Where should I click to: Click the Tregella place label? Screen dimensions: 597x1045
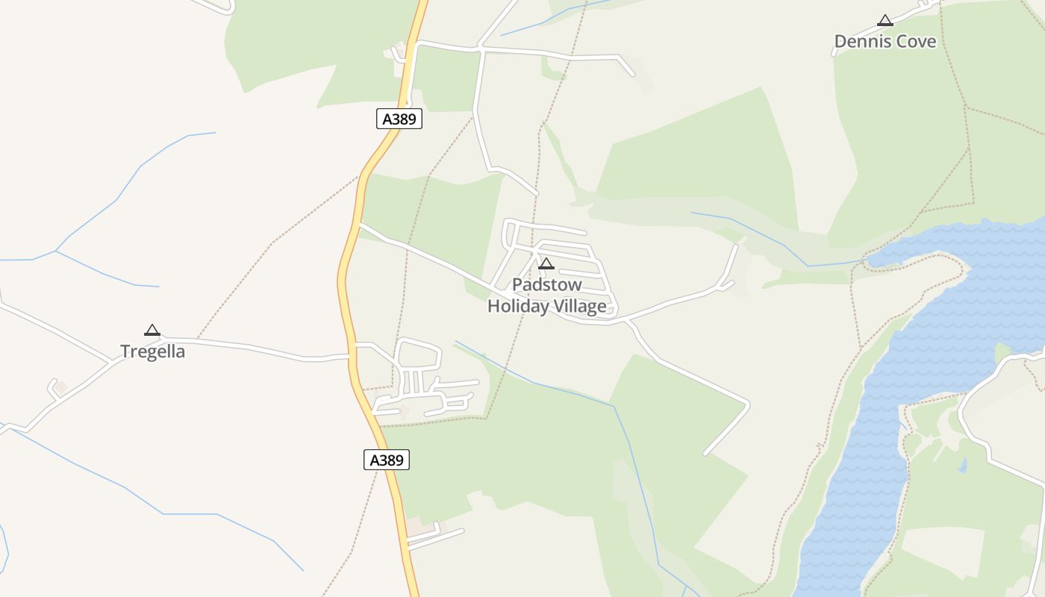click(152, 351)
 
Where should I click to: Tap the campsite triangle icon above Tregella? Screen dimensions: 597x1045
click(152, 330)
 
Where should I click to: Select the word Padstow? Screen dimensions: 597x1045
click(546, 285)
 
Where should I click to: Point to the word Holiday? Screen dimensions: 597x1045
click(519, 306)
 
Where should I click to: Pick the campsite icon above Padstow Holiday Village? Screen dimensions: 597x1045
click(546, 263)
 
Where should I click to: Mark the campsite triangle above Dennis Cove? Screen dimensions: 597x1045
click(885, 21)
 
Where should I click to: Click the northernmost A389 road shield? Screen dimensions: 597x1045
click(399, 119)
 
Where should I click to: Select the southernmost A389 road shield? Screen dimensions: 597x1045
click(387, 460)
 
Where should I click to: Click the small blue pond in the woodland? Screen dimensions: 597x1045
click(963, 466)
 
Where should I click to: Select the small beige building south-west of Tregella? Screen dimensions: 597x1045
click(61, 387)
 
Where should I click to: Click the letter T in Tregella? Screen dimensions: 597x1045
click(125, 351)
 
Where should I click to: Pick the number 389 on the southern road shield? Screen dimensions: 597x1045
click(391, 460)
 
